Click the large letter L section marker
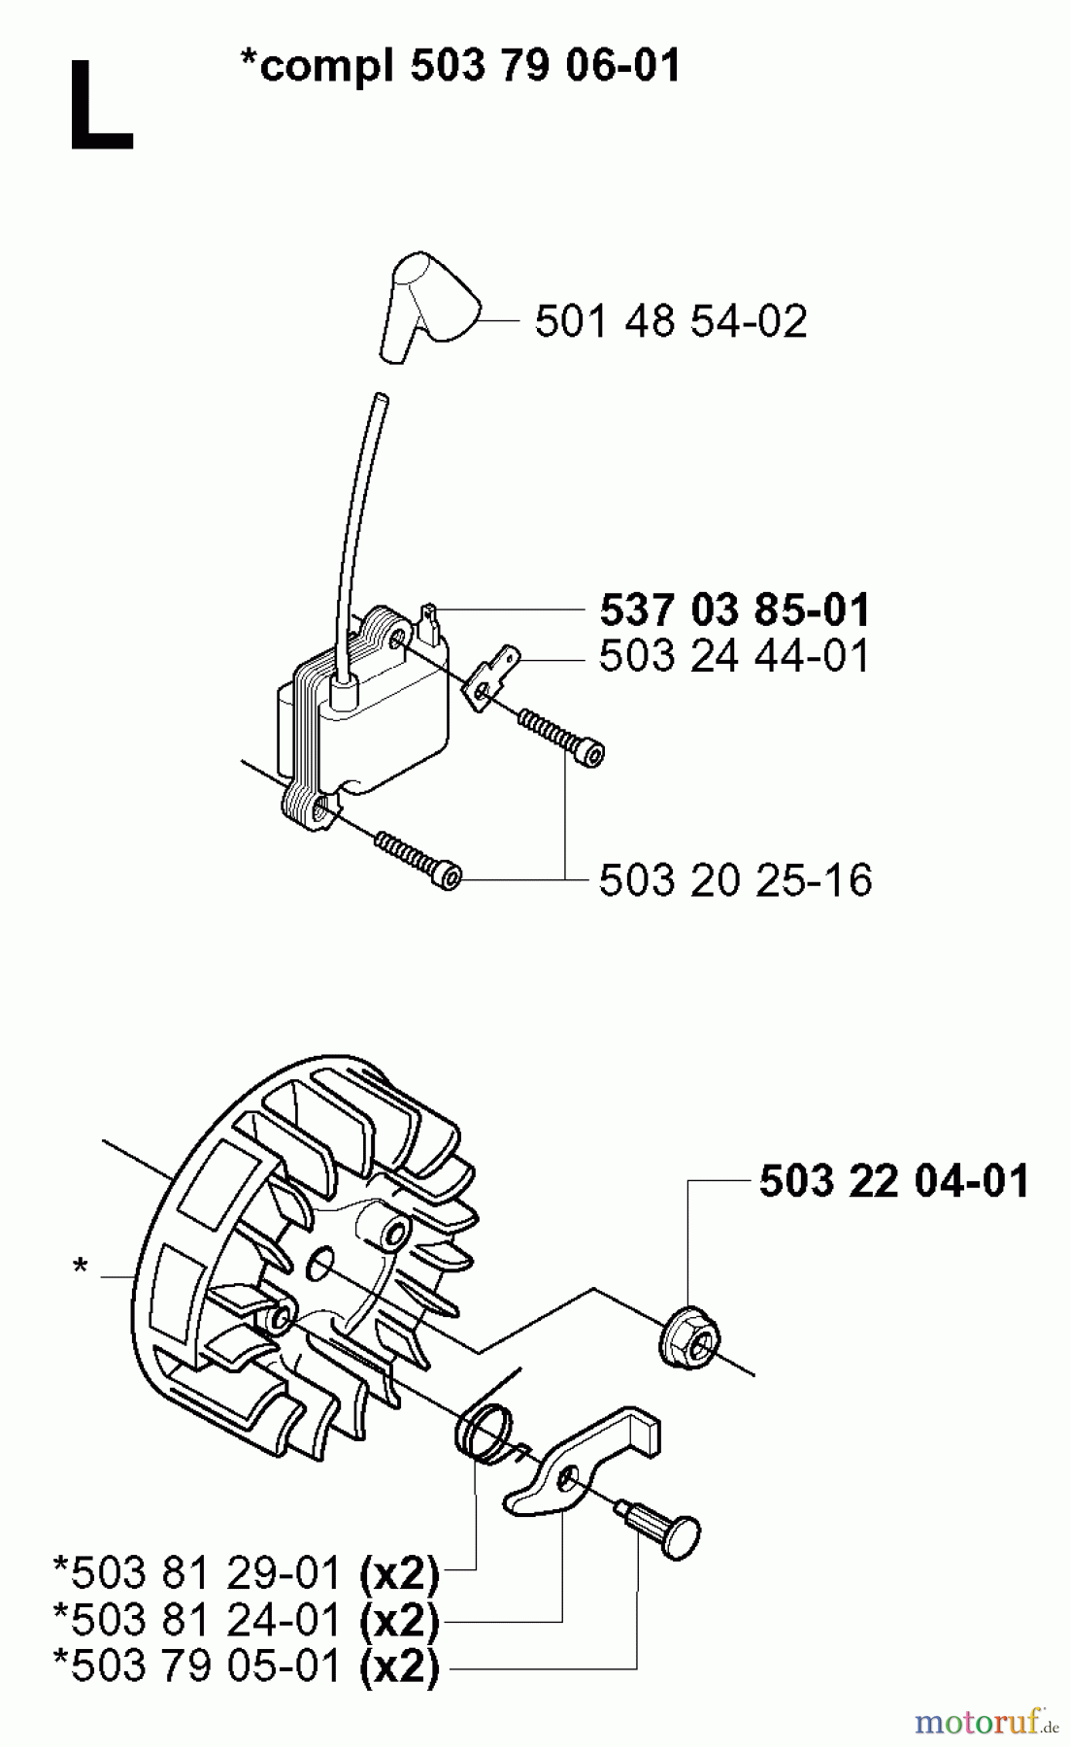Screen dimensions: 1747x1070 click(x=99, y=106)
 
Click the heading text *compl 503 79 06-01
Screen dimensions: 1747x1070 click(x=460, y=66)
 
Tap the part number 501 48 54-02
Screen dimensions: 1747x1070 click(x=670, y=320)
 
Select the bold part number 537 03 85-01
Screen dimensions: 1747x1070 click(x=735, y=610)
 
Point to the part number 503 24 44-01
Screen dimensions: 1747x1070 click(x=735, y=656)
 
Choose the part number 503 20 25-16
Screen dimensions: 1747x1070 click(x=735, y=880)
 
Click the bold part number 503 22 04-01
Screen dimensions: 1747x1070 click(x=893, y=1181)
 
